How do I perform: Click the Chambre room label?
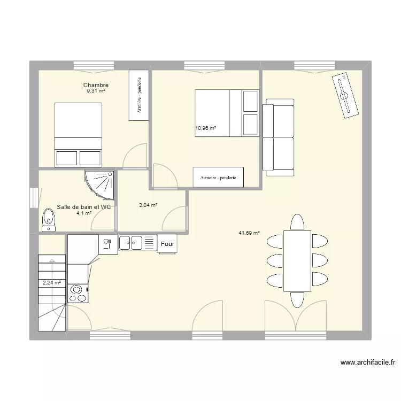pyautogui.click(x=96, y=85)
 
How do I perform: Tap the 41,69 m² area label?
pyautogui.click(x=249, y=233)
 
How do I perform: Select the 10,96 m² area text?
pyautogui.click(x=206, y=128)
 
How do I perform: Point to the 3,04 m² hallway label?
pyautogui.click(x=148, y=205)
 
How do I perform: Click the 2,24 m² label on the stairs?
pyautogui.click(x=52, y=283)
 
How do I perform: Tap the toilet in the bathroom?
pyautogui.click(x=49, y=220)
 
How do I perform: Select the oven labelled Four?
pyautogui.click(x=167, y=244)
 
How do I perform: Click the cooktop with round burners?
pyautogui.click(x=78, y=294)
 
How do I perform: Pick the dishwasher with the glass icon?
pyautogui.click(x=108, y=244)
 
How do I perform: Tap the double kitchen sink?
pyautogui.click(x=130, y=243)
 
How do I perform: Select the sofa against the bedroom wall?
pyautogui.click(x=278, y=137)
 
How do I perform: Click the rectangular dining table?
pyautogui.click(x=297, y=261)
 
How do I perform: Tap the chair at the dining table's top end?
pyautogui.click(x=297, y=222)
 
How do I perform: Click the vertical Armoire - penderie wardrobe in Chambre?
pyautogui.click(x=139, y=95)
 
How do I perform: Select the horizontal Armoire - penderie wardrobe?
pyautogui.click(x=218, y=177)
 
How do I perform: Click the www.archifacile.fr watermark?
pyautogui.click(x=368, y=363)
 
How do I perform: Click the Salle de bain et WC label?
pyautogui.click(x=83, y=207)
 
